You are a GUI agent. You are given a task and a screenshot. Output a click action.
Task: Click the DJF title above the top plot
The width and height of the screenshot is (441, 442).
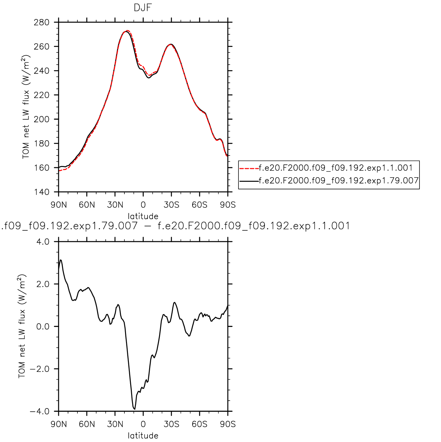point(143,8)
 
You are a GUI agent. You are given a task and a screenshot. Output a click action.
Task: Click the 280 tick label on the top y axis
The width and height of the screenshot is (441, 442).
point(41,23)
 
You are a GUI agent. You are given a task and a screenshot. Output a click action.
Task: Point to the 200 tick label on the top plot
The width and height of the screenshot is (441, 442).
point(41,119)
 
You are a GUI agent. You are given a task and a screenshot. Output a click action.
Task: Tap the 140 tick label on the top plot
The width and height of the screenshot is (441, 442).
point(41,192)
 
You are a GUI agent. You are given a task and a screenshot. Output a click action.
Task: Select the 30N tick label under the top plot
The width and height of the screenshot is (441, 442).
point(115,205)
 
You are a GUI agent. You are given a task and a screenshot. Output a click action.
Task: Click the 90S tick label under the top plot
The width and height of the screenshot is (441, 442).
point(228,205)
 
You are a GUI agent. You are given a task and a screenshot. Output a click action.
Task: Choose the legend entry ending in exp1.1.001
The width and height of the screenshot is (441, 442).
point(336,168)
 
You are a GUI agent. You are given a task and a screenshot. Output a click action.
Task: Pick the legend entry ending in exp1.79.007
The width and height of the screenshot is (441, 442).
point(339,180)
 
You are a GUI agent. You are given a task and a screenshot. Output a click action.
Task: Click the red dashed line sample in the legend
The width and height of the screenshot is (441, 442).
point(249,168)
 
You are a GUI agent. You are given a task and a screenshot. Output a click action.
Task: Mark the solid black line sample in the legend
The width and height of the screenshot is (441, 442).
point(249,181)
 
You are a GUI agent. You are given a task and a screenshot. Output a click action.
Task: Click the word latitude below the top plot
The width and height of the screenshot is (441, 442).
point(143,216)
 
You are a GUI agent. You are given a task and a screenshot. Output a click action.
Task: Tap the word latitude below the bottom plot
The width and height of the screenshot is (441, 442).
point(143,436)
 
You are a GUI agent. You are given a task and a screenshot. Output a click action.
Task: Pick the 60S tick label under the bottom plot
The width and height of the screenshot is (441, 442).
point(200,424)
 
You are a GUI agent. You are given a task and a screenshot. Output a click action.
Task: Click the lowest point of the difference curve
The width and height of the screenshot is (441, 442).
point(134,409)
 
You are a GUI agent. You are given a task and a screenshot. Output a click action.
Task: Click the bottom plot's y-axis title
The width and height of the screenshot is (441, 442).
point(22,326)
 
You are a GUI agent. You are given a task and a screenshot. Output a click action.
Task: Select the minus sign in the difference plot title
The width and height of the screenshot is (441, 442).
point(148,226)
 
